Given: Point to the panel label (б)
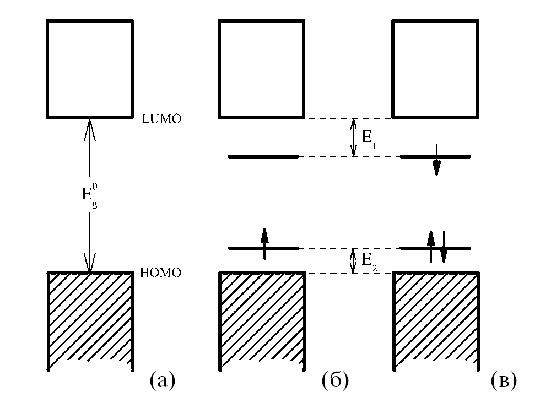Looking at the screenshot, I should tap(334, 380).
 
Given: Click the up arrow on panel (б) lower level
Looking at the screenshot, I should tap(264, 242).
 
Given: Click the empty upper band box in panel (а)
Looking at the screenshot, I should tap(90, 69).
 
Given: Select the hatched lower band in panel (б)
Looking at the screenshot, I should tap(262, 319).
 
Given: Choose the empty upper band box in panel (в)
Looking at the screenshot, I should tap(434, 69).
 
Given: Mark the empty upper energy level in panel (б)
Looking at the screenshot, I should tap(263, 157).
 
